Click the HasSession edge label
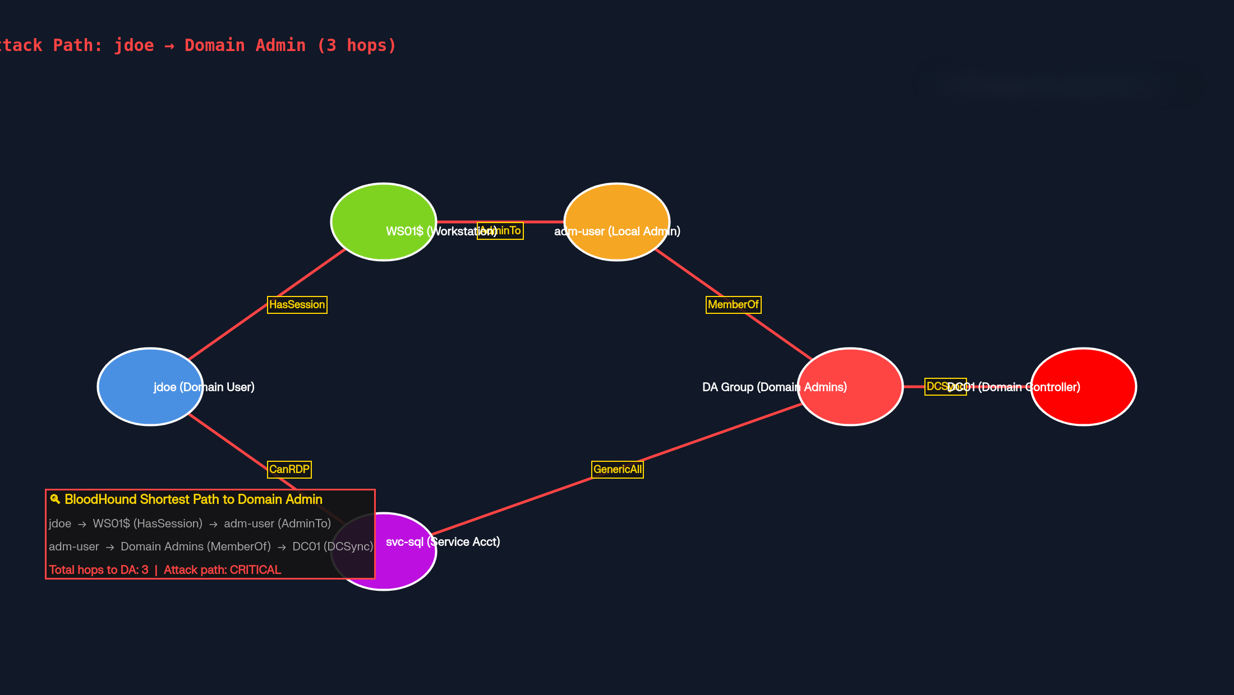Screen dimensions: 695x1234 click(297, 305)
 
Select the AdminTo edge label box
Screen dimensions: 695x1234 click(500, 231)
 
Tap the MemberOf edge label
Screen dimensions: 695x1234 click(733, 305)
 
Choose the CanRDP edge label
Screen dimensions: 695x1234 click(289, 470)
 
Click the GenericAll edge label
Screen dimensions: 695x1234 click(618, 470)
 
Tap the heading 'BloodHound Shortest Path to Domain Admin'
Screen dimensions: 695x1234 click(194, 499)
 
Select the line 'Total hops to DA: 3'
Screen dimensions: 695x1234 click(99, 570)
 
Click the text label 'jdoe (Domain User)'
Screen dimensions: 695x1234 click(204, 387)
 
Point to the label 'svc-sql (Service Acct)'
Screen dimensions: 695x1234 click(443, 542)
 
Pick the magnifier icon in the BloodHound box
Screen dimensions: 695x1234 click(55, 499)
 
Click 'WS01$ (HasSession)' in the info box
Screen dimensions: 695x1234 click(148, 523)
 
